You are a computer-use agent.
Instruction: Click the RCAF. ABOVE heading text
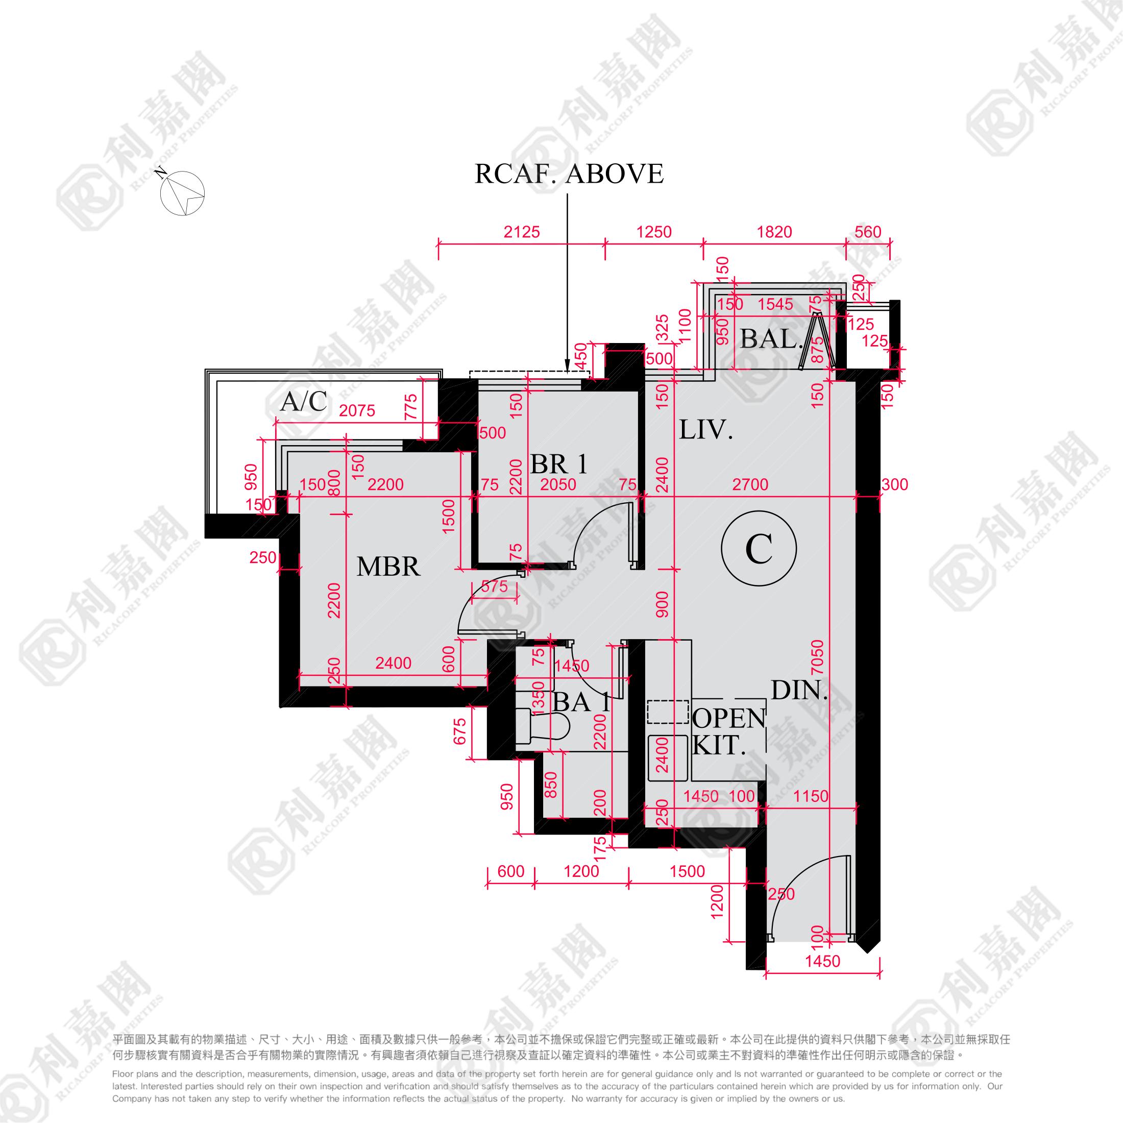pyautogui.click(x=569, y=174)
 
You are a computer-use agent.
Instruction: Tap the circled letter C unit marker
pyautogui.click(x=759, y=548)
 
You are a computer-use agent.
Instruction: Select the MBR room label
pyautogui.click(x=388, y=566)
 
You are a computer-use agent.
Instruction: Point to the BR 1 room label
pyautogui.click(x=558, y=464)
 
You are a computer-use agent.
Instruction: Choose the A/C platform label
pyautogui.click(x=303, y=402)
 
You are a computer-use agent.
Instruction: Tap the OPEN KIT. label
pyautogui.click(x=728, y=732)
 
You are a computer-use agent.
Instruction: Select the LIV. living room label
pyautogui.click(x=705, y=430)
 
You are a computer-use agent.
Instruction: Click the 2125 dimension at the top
pyautogui.click(x=521, y=232)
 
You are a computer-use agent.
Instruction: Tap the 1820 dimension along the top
pyautogui.click(x=774, y=232)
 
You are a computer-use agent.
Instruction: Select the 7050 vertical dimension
pyautogui.click(x=817, y=657)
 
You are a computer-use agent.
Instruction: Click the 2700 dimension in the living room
pyautogui.click(x=750, y=484)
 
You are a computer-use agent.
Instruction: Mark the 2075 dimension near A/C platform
pyautogui.click(x=357, y=410)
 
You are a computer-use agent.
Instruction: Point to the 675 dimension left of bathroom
pyautogui.click(x=460, y=732)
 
